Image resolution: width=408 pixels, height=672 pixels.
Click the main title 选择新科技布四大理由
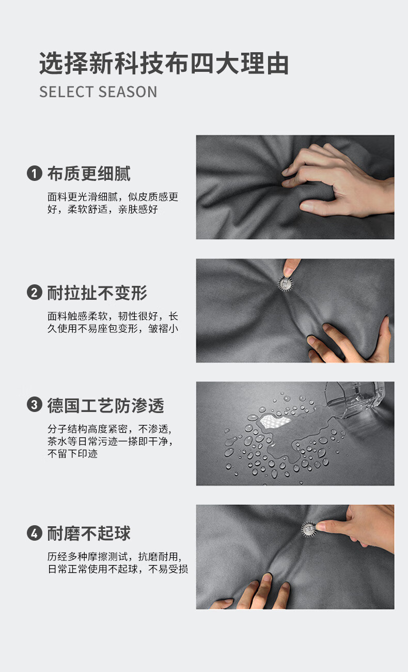[164, 63]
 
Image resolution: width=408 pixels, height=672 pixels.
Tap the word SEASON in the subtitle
[128, 92]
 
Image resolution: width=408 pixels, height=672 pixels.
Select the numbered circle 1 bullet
[35, 173]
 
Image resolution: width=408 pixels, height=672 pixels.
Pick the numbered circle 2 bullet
[35, 293]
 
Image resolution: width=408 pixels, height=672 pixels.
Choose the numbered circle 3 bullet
[35, 404]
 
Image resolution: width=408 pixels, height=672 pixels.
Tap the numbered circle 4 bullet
[35, 533]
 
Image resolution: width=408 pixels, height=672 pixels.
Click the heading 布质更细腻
[89, 174]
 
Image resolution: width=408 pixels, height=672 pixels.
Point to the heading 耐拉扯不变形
[97, 293]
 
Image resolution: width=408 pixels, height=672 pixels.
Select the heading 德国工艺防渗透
[105, 405]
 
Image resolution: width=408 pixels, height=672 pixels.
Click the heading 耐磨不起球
[89, 533]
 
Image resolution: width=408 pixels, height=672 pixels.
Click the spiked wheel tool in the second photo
[285, 283]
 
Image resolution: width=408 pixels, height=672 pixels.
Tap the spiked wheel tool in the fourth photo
[309, 529]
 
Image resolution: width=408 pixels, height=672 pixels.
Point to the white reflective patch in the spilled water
[274, 421]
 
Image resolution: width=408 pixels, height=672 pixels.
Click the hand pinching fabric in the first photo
[337, 180]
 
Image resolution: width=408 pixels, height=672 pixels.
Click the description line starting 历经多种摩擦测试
[115, 557]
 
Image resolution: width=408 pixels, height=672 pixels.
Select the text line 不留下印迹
[72, 454]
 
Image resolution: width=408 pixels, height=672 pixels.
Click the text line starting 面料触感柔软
[113, 316]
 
